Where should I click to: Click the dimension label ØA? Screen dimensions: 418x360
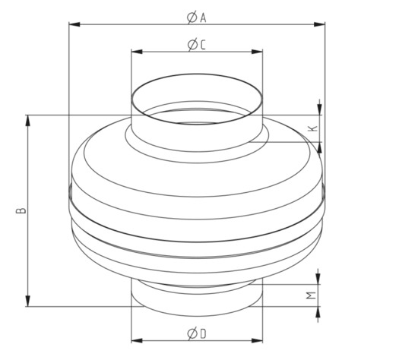(197, 17)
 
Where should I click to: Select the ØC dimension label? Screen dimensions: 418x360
(197, 45)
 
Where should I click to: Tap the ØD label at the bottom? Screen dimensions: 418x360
(197, 333)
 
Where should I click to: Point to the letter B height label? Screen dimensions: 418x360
(21, 210)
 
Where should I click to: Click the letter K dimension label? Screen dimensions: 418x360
(313, 128)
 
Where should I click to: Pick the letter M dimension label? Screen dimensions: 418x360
(311, 295)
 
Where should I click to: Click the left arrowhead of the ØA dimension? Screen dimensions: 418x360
(74, 24)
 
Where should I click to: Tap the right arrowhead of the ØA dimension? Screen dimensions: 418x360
(319, 24)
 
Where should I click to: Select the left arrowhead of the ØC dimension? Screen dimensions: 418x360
(137, 52)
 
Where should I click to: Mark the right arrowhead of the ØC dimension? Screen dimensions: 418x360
(257, 52)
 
